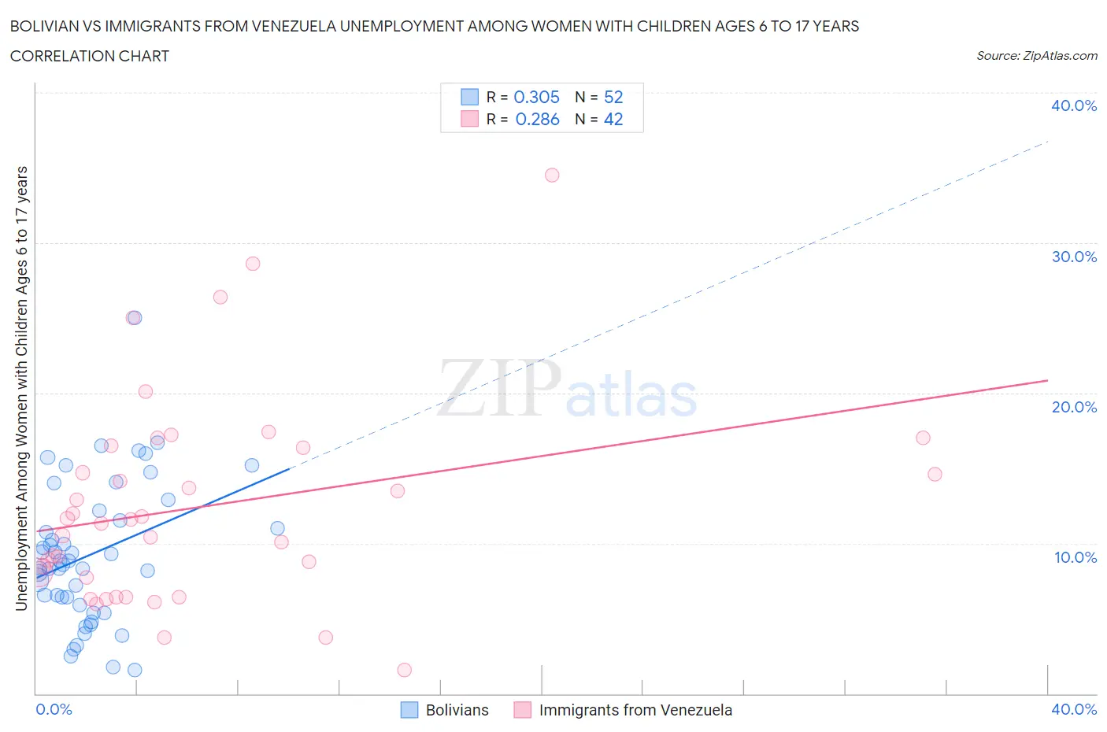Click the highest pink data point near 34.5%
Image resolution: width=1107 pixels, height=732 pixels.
coord(552,175)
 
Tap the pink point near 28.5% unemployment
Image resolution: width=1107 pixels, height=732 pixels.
coord(253,264)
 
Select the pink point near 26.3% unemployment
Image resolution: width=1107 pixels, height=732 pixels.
coord(220,297)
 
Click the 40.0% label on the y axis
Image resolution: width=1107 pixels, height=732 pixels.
coord(1074,105)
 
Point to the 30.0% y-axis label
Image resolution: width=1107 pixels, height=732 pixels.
coord(1074,257)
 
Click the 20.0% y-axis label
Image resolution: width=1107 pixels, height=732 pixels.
coord(1074,407)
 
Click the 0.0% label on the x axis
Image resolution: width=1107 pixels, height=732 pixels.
coord(54,709)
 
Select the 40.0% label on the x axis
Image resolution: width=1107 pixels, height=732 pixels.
coord(1074,709)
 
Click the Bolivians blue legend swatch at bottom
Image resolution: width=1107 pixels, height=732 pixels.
coord(409,710)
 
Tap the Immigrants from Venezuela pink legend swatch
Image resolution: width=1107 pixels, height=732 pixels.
coord(522,710)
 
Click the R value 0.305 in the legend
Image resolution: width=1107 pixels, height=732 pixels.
coord(536,97)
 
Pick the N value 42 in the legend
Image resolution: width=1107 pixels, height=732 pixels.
coord(613,119)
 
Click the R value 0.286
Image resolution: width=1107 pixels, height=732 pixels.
coord(537,119)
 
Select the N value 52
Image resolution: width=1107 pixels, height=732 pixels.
coord(613,97)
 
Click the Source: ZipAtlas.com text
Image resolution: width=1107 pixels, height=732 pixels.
coord(1036,56)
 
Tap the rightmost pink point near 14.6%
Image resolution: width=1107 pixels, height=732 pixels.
coord(935,474)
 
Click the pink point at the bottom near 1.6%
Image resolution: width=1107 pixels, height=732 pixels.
coord(405,670)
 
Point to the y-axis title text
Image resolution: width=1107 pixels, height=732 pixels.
coord(21,388)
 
